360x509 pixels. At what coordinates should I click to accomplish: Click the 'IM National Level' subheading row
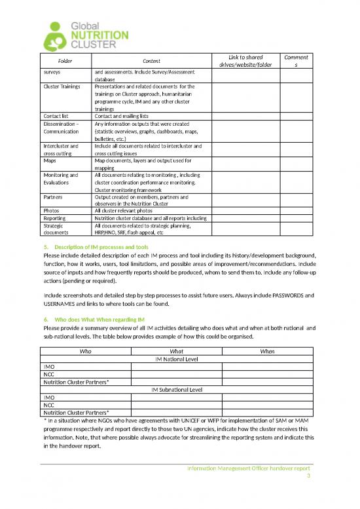point(176,359)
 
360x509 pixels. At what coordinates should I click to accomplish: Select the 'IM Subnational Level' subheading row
point(176,389)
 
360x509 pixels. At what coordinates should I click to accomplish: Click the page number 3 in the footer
point(308,477)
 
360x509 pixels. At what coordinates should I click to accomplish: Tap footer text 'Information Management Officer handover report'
point(249,469)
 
